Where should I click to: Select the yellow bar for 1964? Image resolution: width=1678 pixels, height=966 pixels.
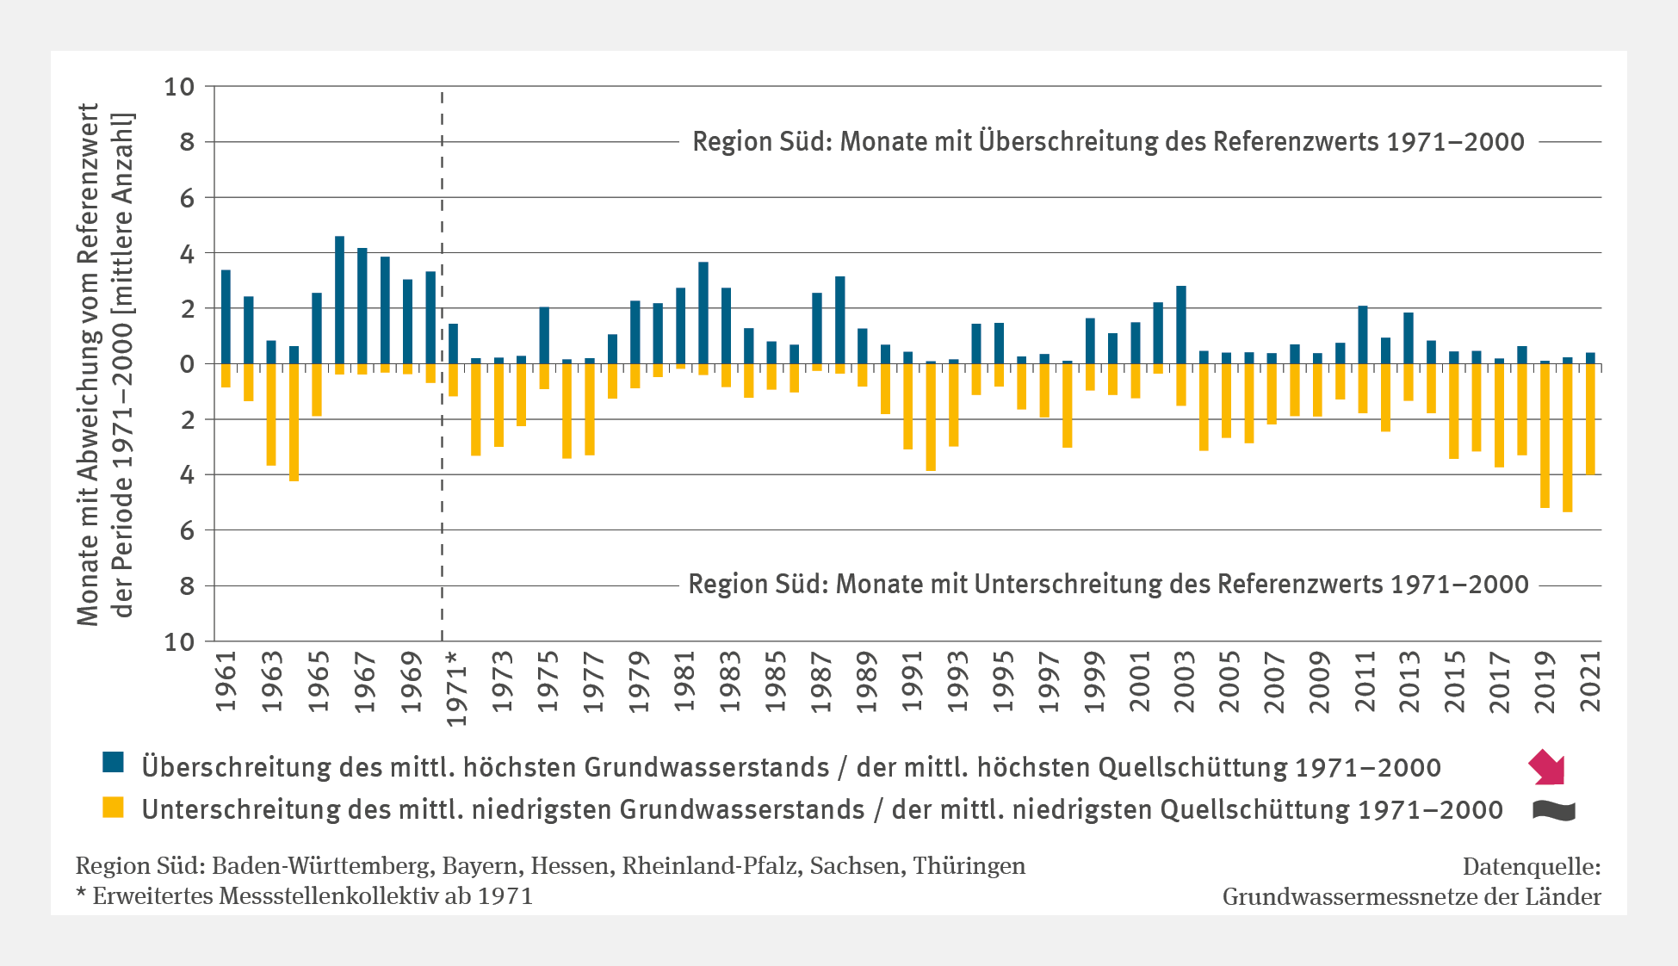(294, 422)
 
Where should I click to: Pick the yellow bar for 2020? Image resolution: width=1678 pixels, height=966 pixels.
(1568, 437)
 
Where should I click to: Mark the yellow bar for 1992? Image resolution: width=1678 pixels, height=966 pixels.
(931, 417)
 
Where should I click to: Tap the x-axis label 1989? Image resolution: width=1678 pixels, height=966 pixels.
(865, 681)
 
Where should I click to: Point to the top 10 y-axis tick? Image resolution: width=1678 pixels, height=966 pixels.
(179, 87)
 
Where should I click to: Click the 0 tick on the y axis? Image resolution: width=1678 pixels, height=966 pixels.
(187, 364)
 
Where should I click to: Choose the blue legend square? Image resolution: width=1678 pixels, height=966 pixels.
(113, 763)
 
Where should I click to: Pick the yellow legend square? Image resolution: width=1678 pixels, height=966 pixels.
(113, 808)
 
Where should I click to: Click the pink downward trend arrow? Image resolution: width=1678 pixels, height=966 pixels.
(1547, 767)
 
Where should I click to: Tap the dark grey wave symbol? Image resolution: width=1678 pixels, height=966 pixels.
(1554, 810)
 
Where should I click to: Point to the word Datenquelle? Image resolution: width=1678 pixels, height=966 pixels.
(1531, 866)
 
